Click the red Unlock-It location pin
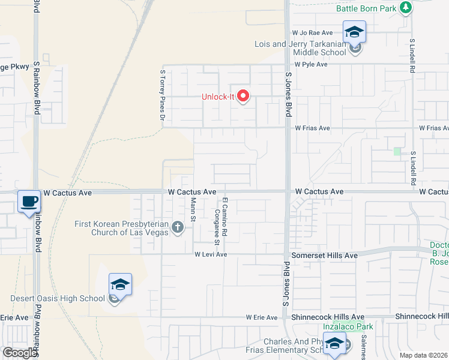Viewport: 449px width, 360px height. pyautogui.click(x=243, y=95)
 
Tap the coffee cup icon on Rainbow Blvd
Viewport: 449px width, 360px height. pyautogui.click(x=28, y=202)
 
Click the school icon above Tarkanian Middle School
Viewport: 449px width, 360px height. pyautogui.click(x=354, y=32)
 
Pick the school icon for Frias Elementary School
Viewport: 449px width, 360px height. pyautogui.click(x=335, y=344)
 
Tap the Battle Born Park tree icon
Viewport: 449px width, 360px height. pyautogui.click(x=406, y=7)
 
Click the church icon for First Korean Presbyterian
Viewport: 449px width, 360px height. pyautogui.click(x=177, y=227)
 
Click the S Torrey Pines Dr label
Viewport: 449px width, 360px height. pyautogui.click(x=162, y=95)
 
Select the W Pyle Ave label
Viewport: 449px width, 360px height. pyautogui.click(x=310, y=64)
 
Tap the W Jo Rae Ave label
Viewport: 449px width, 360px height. pyautogui.click(x=312, y=32)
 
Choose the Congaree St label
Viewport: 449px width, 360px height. pyautogui.click(x=216, y=227)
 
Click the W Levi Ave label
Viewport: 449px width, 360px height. pyautogui.click(x=210, y=254)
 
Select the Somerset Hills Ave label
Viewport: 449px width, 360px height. pyautogui.click(x=324, y=255)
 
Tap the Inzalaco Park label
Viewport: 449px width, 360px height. pyautogui.click(x=348, y=326)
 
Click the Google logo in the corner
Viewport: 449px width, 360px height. pyautogui.click(x=20, y=353)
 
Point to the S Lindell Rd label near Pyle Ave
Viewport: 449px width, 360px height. pyautogui.click(x=413, y=58)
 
